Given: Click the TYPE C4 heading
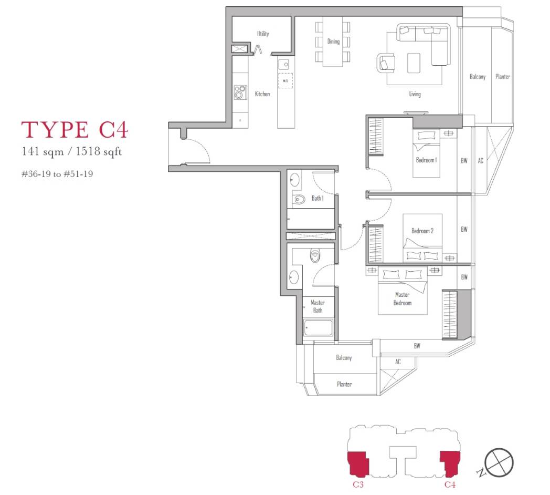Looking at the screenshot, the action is [x=75, y=129].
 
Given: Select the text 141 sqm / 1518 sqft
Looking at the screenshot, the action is [x=72, y=151].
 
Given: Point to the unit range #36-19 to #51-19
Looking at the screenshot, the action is [x=57, y=174].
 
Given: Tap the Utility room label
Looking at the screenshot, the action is [x=263, y=34].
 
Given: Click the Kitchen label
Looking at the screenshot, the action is [x=262, y=94].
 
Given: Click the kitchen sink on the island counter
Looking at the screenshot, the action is [x=284, y=65].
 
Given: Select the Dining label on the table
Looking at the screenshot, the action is [x=333, y=42].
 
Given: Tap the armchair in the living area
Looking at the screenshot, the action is [x=386, y=64].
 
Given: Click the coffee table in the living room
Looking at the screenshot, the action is [x=414, y=63].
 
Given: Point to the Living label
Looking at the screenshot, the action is [x=415, y=94].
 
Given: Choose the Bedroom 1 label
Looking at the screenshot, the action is [x=426, y=160].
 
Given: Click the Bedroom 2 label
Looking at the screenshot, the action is [x=422, y=231].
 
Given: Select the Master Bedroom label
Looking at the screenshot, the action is [x=403, y=298].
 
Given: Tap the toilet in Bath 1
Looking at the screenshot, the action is [x=299, y=200].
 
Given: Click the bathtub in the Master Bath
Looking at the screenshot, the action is [x=318, y=328].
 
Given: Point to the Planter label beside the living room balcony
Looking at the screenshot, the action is [x=503, y=76].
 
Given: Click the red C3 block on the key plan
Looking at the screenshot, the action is [x=358, y=463].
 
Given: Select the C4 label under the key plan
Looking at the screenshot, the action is [x=450, y=484].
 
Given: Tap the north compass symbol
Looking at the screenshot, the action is [x=499, y=462].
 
